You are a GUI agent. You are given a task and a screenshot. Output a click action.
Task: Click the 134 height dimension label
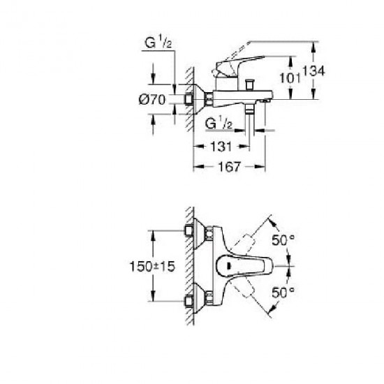[x=313, y=71]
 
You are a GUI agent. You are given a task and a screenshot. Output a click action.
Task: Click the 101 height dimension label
[x=290, y=78]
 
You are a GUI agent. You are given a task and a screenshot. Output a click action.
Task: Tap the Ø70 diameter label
[x=152, y=100]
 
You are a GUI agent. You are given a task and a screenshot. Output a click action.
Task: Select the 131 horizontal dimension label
[x=221, y=147]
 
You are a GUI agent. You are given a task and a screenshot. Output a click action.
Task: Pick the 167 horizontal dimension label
[x=229, y=167]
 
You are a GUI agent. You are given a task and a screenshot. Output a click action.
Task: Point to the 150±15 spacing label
[x=152, y=266]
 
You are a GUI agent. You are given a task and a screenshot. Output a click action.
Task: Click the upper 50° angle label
[x=283, y=239]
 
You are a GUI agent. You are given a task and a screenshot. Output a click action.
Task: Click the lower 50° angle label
[x=283, y=292]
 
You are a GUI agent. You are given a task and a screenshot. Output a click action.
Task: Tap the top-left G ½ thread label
[x=158, y=42]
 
